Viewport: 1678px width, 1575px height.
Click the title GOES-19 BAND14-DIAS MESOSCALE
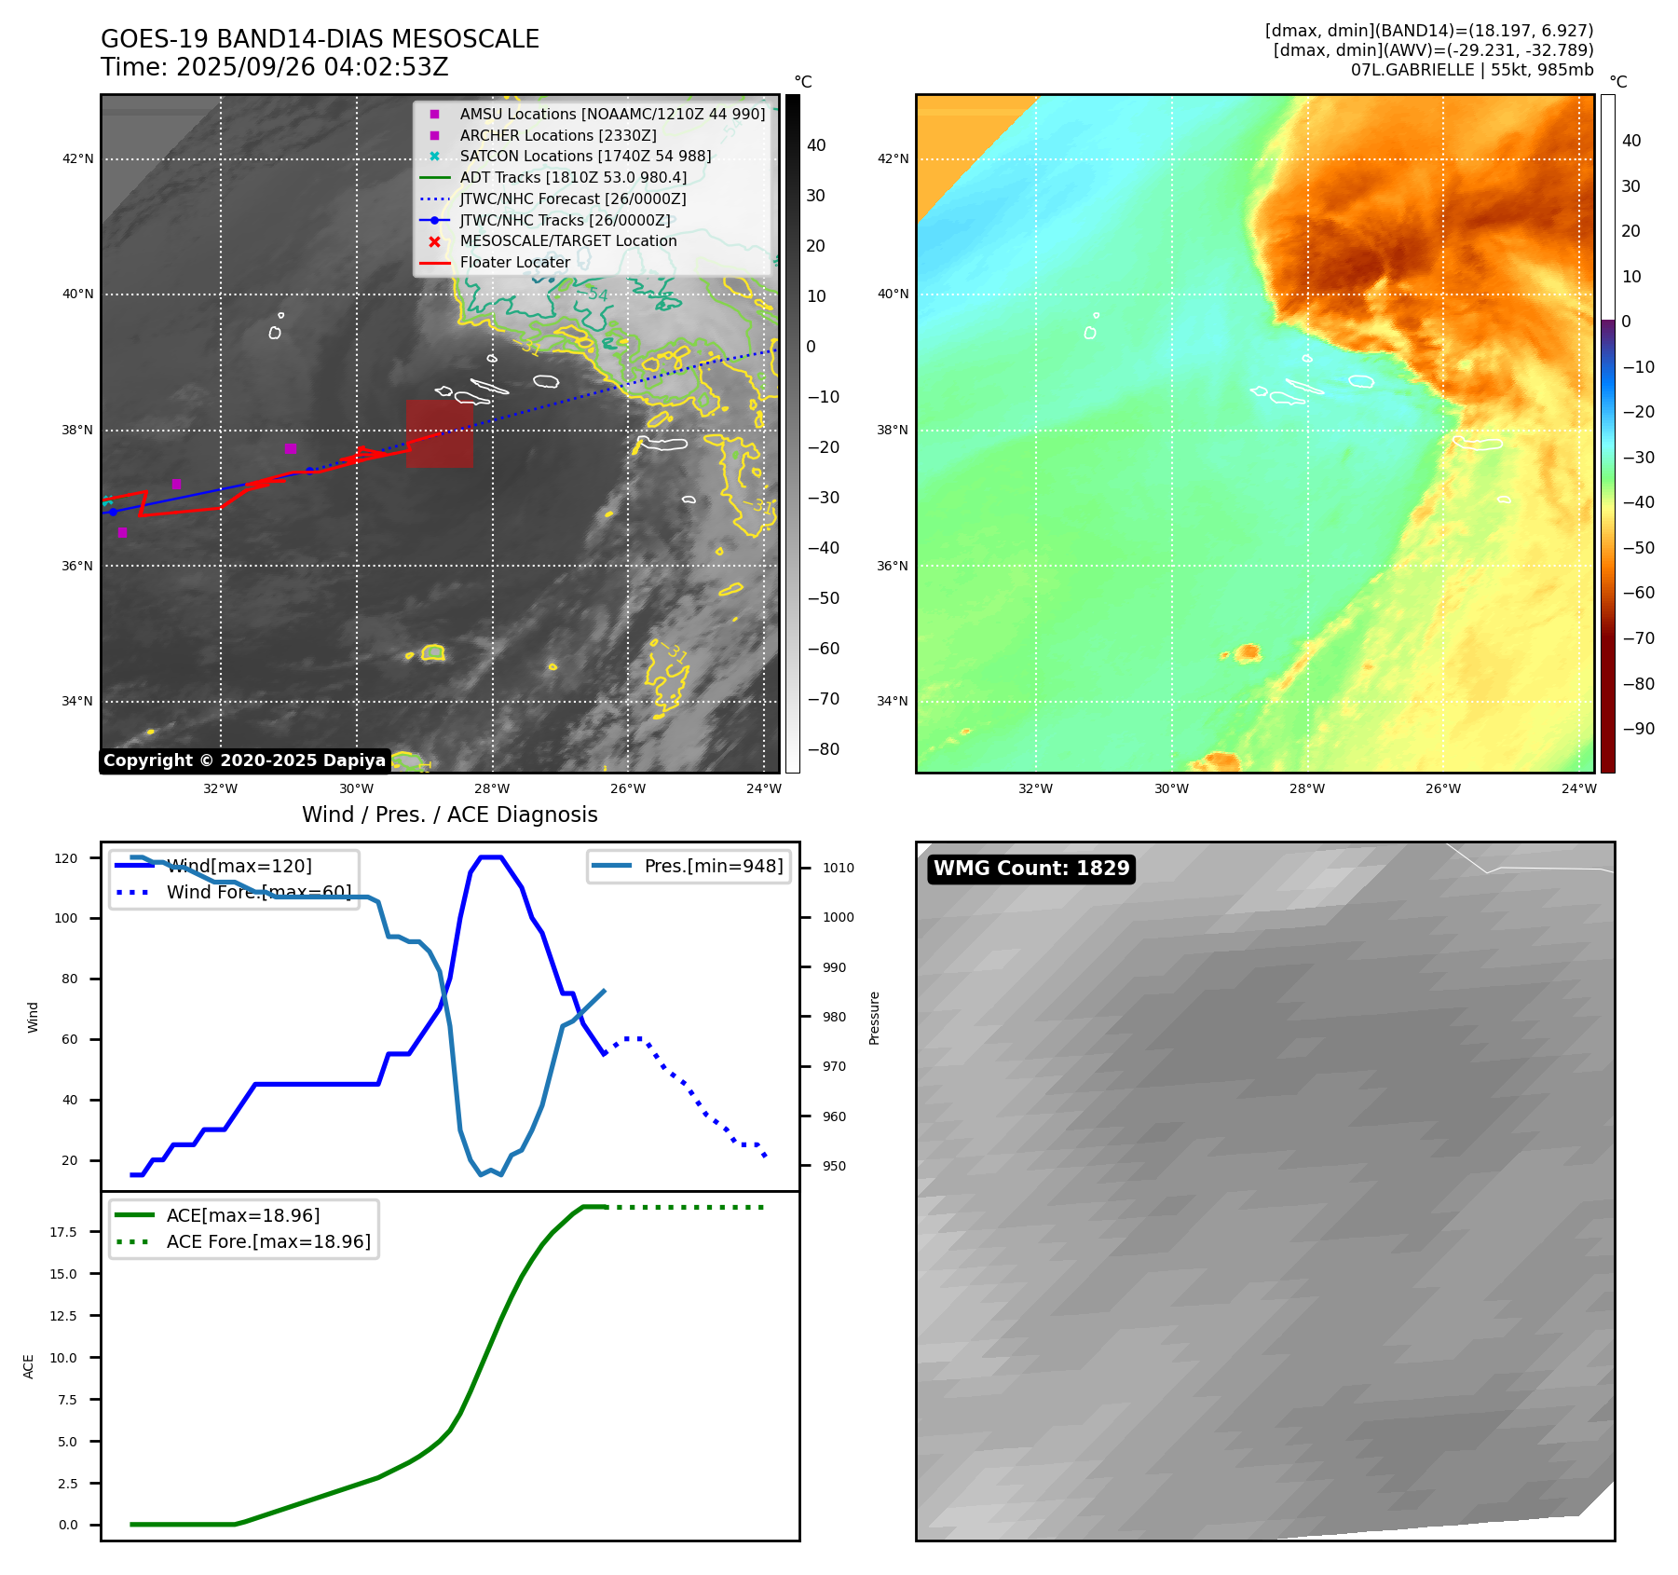(x=320, y=39)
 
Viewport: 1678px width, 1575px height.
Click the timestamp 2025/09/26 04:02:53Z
(x=312, y=68)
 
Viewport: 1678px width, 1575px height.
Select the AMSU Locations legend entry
(x=611, y=114)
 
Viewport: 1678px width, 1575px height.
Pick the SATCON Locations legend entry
(x=584, y=156)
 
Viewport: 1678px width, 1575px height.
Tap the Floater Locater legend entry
(x=514, y=262)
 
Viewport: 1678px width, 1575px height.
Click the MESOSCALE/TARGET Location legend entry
(x=567, y=240)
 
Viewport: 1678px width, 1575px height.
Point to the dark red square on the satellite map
(x=439, y=433)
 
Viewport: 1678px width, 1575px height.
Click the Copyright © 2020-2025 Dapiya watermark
(x=244, y=760)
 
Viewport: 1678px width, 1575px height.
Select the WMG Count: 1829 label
(x=1031, y=869)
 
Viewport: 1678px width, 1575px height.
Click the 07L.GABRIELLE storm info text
(x=1472, y=70)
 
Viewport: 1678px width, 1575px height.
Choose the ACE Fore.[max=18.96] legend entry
(x=267, y=1241)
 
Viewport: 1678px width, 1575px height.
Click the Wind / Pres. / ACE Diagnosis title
(x=449, y=815)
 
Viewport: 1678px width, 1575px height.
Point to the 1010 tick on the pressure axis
(x=838, y=868)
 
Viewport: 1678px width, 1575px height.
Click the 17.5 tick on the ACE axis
(x=63, y=1232)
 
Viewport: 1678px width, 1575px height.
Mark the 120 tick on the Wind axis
(x=66, y=858)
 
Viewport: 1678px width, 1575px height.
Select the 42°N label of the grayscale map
(x=78, y=159)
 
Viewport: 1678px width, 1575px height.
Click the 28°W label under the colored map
(x=1307, y=788)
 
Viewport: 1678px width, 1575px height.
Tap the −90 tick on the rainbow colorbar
(x=1638, y=729)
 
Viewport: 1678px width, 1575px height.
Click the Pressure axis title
(x=874, y=1018)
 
